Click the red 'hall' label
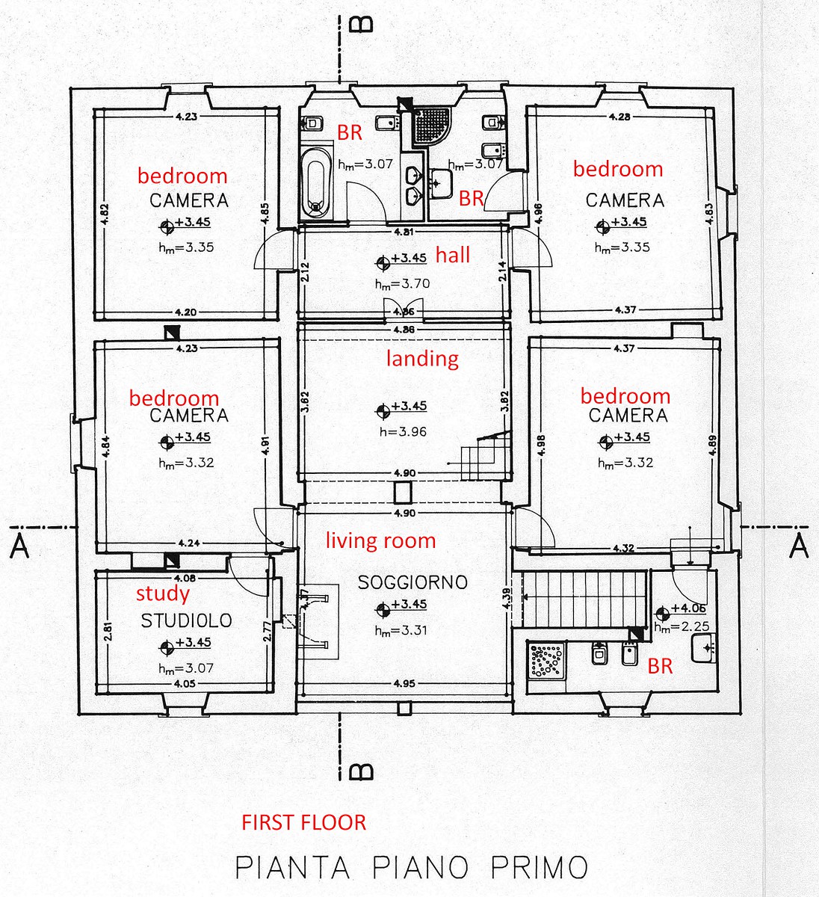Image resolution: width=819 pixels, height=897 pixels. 452,256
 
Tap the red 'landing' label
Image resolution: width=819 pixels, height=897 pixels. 422,359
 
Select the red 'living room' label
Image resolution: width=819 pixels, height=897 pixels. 380,541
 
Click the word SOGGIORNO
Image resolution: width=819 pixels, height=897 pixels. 412,582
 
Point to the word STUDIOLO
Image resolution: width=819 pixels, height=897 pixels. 186,620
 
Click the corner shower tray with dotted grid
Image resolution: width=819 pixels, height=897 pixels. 431,127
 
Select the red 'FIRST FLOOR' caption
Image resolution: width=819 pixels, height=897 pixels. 303,823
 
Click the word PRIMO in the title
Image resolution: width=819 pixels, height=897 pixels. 539,868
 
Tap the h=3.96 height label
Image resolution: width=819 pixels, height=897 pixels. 403,432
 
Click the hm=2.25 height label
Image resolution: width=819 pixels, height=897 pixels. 682,627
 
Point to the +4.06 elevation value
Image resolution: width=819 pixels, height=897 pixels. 688,608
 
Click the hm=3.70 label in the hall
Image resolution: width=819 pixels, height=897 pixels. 402,284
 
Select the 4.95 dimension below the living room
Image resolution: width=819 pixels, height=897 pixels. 404,684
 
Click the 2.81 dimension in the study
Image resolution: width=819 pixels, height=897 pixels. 108,632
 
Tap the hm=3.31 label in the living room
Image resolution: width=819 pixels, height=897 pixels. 401,630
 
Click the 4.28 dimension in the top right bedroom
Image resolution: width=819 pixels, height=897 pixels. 619,117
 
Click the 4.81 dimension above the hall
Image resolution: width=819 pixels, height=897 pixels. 404,232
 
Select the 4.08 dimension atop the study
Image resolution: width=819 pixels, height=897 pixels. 185,578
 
